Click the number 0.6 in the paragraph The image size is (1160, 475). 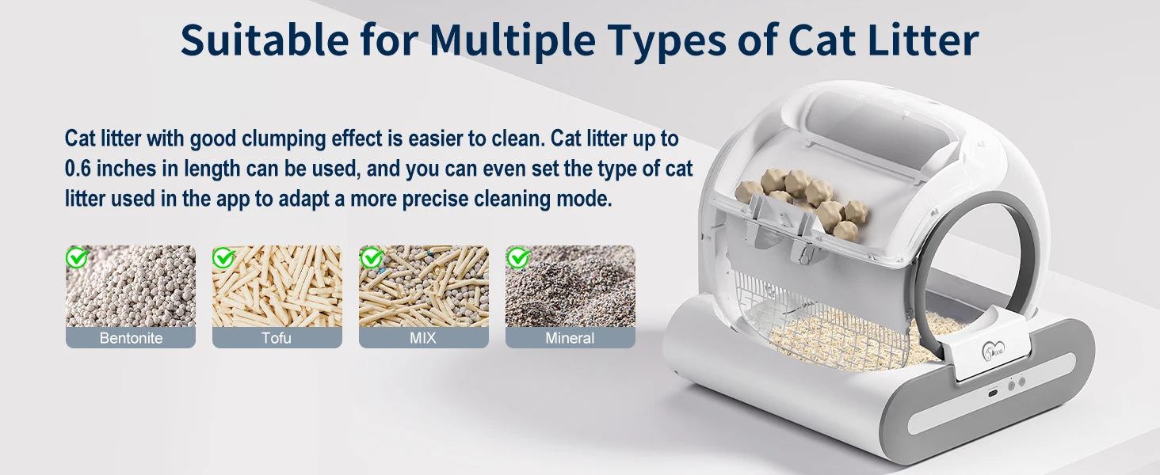(x=81, y=169)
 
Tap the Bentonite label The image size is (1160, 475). (x=131, y=338)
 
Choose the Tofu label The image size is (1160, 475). (x=277, y=338)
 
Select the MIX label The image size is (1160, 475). (x=423, y=338)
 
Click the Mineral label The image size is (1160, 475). (x=570, y=338)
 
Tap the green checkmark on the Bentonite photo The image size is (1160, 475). (x=77, y=257)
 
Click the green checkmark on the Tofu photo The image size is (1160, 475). (x=224, y=257)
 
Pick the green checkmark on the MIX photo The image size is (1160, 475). (x=371, y=257)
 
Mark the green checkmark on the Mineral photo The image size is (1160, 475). (x=518, y=257)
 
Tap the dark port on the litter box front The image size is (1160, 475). (x=990, y=392)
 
